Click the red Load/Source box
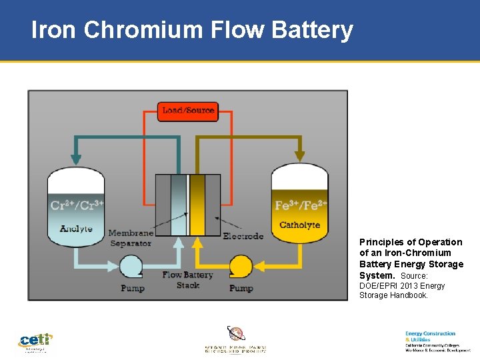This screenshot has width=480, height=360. click(188, 111)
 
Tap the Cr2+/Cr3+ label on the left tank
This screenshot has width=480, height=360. click(77, 205)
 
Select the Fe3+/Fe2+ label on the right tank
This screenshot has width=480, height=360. click(300, 205)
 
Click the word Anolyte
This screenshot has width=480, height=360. click(76, 229)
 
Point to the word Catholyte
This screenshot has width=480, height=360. click(300, 225)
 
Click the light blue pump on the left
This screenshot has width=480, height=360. click(131, 267)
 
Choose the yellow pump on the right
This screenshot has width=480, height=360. click(241, 267)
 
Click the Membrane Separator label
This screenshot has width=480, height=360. click(131, 238)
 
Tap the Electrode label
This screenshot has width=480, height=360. click(243, 236)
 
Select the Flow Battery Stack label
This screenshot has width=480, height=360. click(187, 280)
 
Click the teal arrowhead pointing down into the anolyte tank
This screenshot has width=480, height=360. click(76, 160)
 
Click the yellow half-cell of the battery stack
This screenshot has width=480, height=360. click(197, 205)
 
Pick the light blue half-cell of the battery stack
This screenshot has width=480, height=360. click(179, 205)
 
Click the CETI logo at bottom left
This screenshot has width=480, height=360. click(35, 341)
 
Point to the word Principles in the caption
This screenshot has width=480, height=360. click(383, 242)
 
